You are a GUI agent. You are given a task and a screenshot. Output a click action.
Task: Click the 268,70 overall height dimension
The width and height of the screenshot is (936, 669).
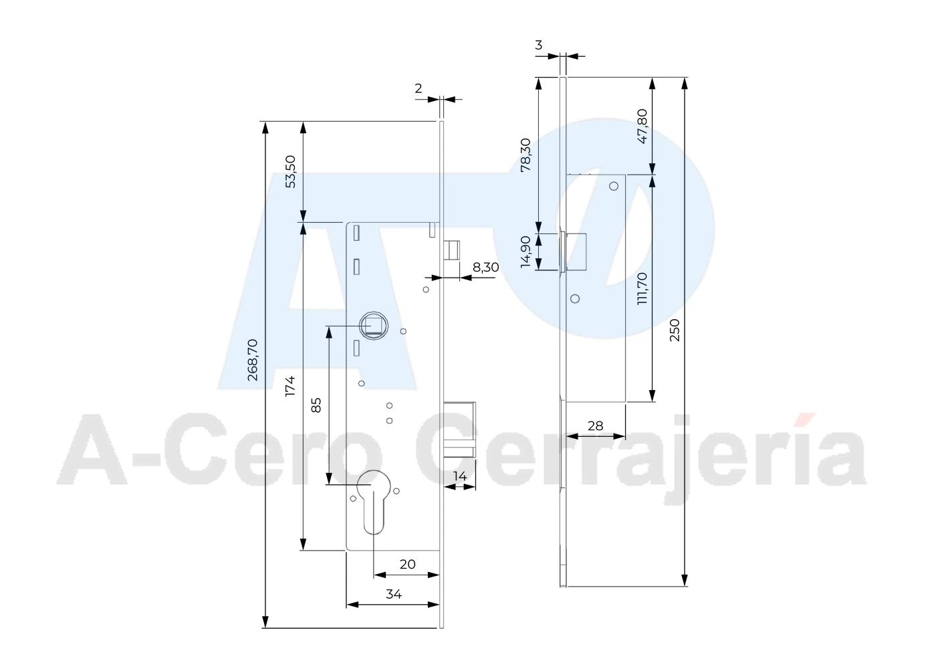(253, 360)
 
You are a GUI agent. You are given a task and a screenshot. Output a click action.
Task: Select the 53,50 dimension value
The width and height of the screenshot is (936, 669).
(290, 172)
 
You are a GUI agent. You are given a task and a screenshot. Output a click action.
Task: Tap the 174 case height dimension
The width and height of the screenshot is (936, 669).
(290, 386)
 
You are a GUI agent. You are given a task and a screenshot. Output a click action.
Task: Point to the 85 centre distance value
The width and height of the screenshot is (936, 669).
(316, 405)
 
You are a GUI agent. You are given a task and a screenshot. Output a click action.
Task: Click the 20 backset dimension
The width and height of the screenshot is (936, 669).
(407, 565)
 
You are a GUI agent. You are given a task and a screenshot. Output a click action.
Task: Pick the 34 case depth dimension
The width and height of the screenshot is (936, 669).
(394, 594)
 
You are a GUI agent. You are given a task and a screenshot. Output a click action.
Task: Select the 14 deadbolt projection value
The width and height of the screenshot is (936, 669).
(460, 476)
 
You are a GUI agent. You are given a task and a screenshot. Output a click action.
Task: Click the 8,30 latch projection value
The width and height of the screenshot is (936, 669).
(485, 267)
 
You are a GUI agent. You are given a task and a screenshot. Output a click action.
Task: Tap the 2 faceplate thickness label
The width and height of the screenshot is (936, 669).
(419, 88)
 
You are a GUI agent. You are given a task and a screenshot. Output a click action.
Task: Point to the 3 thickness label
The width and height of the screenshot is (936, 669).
(539, 45)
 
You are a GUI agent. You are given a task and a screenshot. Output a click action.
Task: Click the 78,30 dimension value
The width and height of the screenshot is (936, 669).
(525, 155)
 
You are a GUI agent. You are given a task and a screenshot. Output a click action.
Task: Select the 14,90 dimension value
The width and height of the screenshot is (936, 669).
(525, 252)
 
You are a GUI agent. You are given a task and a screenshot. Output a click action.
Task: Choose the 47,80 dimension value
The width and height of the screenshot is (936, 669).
(642, 126)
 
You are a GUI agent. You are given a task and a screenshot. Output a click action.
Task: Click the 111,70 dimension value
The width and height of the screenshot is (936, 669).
(642, 289)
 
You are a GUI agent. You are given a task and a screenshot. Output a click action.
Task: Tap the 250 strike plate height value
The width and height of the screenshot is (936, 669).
(675, 330)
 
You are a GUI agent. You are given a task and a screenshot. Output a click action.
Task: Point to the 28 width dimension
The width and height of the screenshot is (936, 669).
(596, 426)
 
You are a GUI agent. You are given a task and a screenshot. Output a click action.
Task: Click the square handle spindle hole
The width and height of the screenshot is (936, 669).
(374, 326)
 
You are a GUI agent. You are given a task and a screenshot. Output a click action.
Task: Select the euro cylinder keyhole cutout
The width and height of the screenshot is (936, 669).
(374, 502)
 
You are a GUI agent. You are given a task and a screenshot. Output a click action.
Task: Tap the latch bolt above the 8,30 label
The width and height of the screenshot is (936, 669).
(452, 250)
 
